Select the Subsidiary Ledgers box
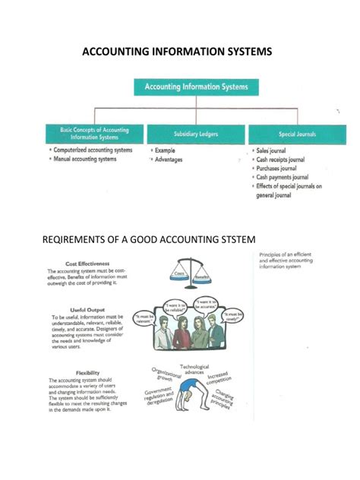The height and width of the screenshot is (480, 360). tap(196, 134)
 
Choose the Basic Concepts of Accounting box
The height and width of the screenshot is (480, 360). tap(95, 134)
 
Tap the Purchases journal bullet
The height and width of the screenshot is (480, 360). tap(283, 169)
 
